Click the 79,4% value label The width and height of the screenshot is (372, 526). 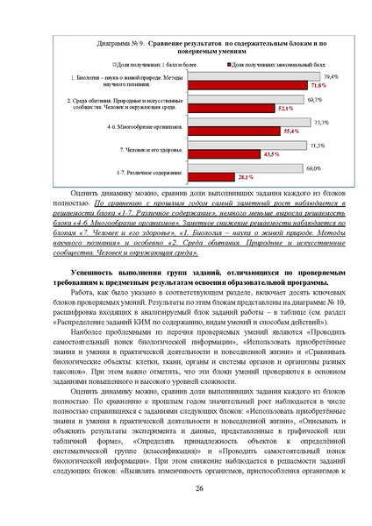pos(333,78)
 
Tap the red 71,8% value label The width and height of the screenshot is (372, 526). pos(317,86)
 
